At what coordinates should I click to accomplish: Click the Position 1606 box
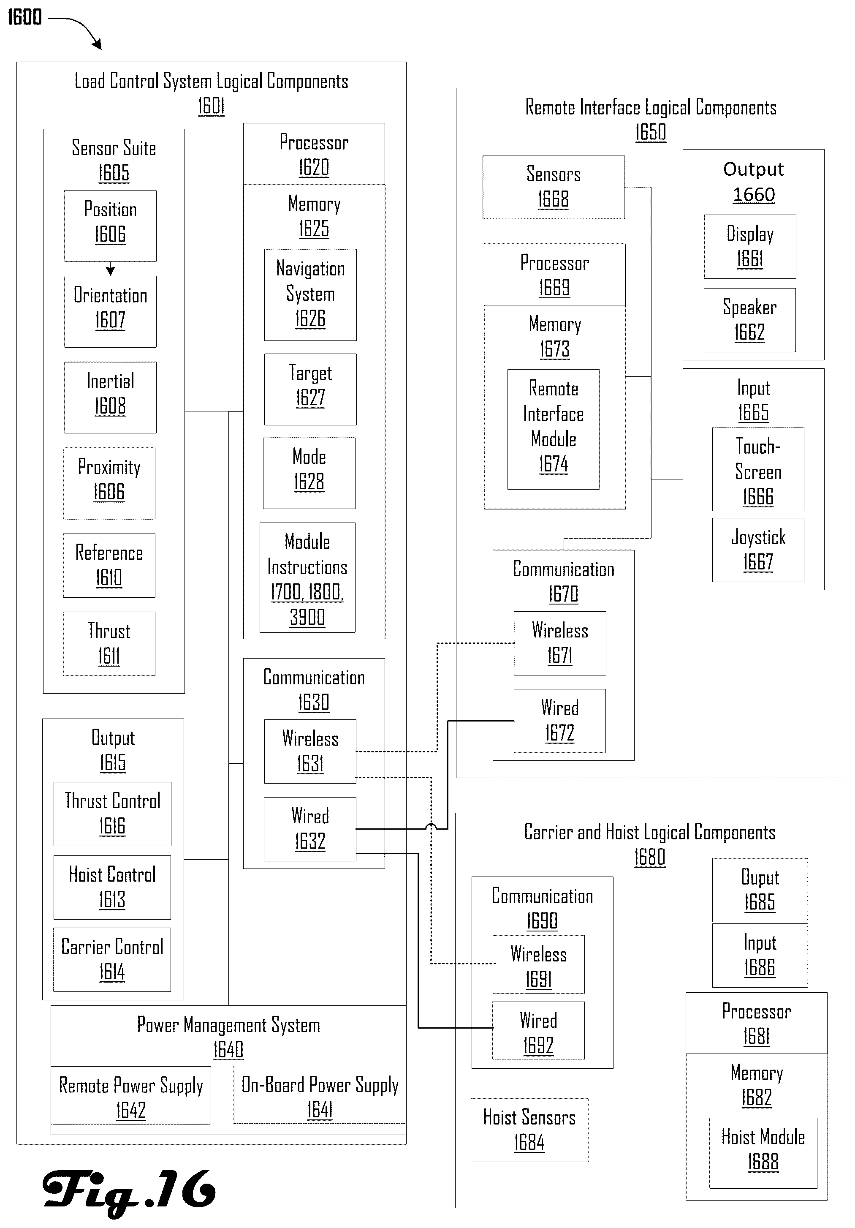click(x=110, y=226)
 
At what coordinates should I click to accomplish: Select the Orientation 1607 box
click(x=110, y=311)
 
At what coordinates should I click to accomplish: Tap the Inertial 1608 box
click(x=110, y=398)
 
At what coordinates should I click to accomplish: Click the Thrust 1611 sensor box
click(x=109, y=643)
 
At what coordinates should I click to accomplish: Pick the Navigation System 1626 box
click(x=310, y=295)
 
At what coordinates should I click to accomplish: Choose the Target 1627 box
click(x=310, y=389)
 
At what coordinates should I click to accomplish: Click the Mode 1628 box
click(x=309, y=473)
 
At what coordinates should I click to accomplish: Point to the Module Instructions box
click(x=307, y=577)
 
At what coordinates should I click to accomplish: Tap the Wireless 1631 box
click(x=310, y=752)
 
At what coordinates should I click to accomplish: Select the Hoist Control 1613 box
click(x=112, y=887)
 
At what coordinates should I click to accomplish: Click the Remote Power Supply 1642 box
click(x=131, y=1095)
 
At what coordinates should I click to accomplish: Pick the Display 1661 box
click(x=750, y=247)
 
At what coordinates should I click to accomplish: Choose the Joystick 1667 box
click(x=758, y=550)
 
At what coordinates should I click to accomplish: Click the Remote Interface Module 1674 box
click(x=554, y=429)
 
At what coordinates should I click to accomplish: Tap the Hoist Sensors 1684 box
click(x=529, y=1130)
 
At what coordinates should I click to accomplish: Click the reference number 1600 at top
click(x=24, y=17)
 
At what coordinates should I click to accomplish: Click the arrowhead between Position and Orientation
click(x=110, y=271)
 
